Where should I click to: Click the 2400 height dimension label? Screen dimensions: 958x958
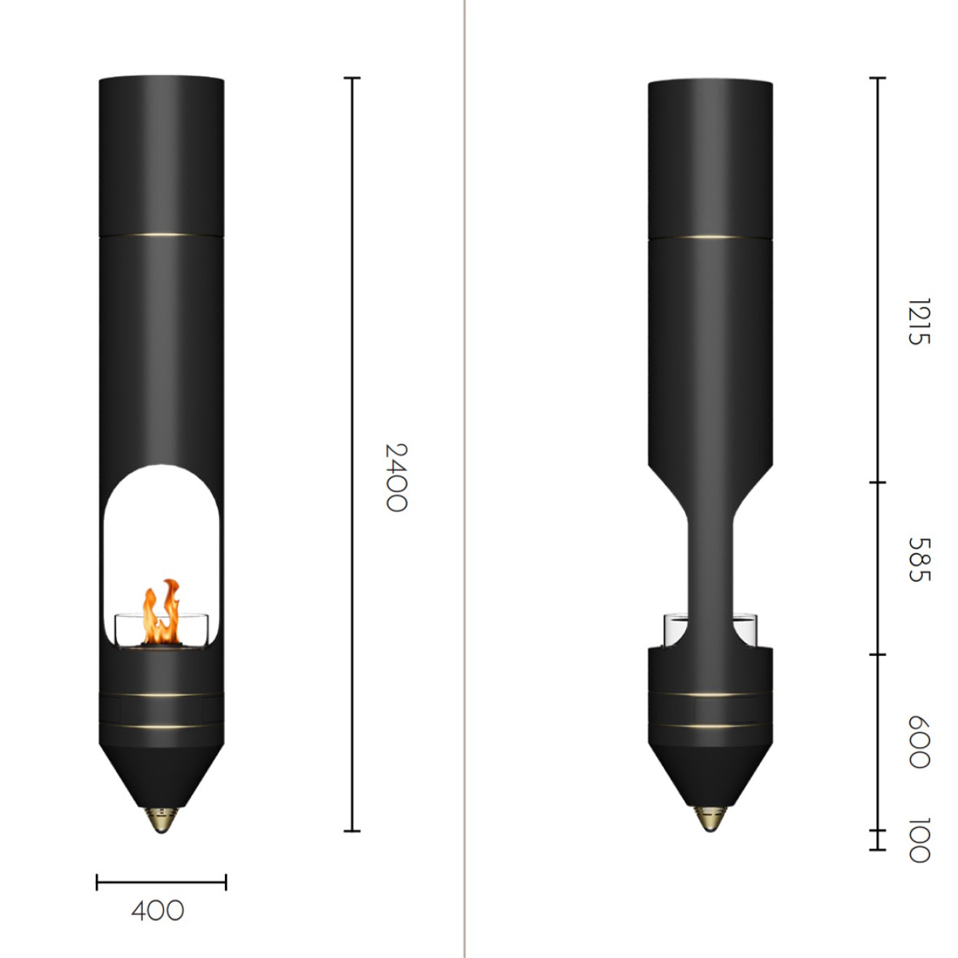396,478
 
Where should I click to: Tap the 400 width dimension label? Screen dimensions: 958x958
157,911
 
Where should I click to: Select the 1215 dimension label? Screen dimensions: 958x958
919,322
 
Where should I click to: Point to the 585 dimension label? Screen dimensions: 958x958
919,560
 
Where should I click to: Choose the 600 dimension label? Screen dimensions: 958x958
919,742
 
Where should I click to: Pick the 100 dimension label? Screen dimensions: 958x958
919,840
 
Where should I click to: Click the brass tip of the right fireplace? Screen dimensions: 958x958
711,819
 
